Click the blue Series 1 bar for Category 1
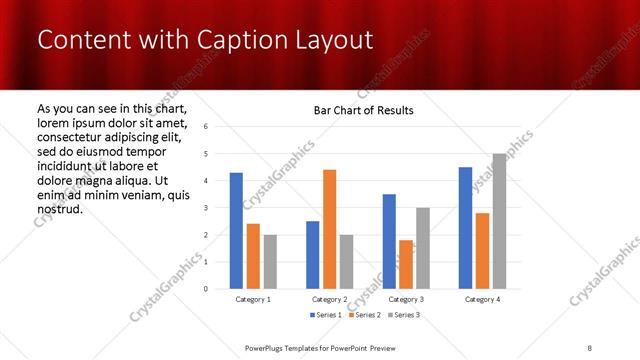click(x=236, y=231)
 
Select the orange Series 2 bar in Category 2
click(x=330, y=229)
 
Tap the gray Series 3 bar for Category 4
click(x=499, y=221)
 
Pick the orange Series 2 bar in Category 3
click(x=406, y=264)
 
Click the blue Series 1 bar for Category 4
click(x=465, y=228)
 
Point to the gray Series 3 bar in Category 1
click(x=270, y=262)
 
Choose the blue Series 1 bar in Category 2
click(x=313, y=255)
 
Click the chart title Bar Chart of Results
click(x=357, y=110)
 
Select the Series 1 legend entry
click(x=325, y=315)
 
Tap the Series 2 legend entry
click(x=363, y=315)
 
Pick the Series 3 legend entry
click(x=402, y=315)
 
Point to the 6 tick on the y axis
click(x=205, y=127)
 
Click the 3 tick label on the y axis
click(x=205, y=208)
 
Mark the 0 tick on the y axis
click(x=205, y=289)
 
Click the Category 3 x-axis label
click(x=406, y=299)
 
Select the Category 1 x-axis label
click(x=253, y=299)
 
